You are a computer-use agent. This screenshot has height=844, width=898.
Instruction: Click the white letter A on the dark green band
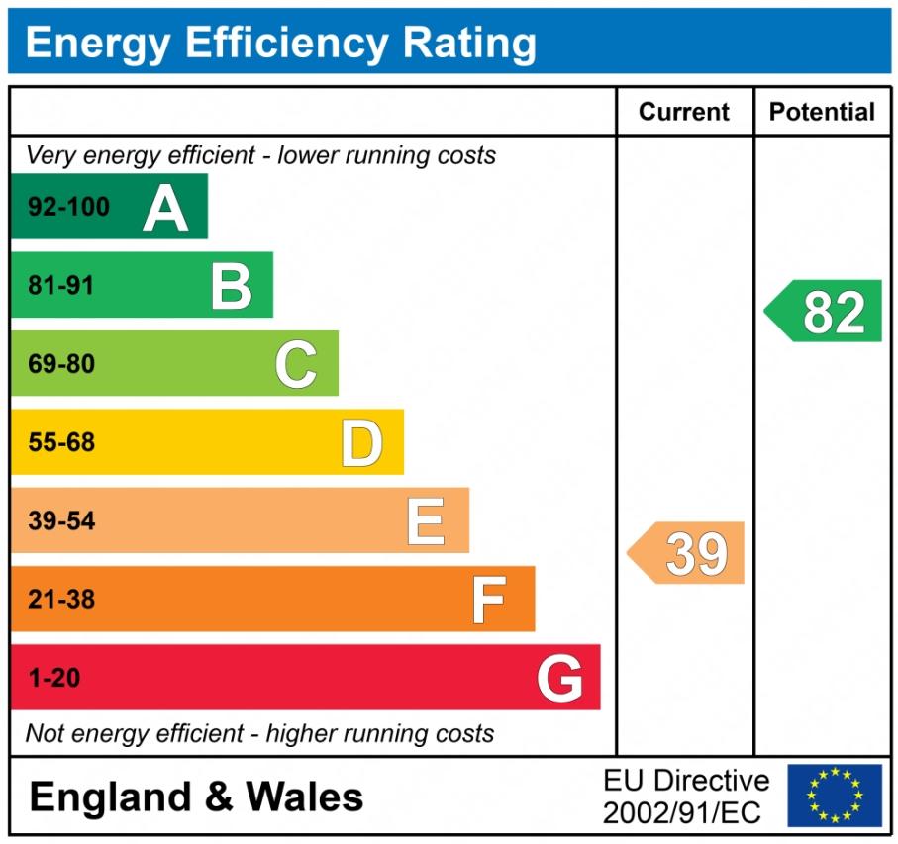coord(165,208)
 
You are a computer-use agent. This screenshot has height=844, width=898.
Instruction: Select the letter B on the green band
coord(232,286)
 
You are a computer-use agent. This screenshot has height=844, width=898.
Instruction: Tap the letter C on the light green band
coord(296,364)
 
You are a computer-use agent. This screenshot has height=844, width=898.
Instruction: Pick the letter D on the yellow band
coord(361,443)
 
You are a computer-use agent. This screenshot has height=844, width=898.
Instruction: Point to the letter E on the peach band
coord(426,521)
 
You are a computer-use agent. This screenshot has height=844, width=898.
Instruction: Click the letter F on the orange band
coord(488,600)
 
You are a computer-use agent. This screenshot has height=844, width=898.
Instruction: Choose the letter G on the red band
coord(559,679)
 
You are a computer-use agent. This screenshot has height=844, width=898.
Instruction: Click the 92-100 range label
coord(68,208)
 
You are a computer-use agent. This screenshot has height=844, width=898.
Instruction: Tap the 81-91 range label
coord(61,286)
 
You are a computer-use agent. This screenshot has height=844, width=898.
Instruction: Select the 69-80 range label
coord(61,364)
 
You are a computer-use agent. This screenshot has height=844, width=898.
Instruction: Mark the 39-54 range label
coord(61,521)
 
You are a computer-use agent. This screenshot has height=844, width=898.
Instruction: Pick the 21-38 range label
coord(61,600)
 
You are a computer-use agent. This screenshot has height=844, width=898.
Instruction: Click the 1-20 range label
coord(54,679)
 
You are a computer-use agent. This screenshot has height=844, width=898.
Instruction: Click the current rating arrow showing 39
coord(688,553)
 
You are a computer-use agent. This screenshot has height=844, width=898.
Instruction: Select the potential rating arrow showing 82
coord(825,312)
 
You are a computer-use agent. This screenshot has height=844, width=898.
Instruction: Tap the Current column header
coord(684,112)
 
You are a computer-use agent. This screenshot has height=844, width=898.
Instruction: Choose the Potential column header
coord(822,112)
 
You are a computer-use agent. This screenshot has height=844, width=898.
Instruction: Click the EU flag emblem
coord(834,796)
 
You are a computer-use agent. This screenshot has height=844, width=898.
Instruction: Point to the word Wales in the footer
coord(304,797)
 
